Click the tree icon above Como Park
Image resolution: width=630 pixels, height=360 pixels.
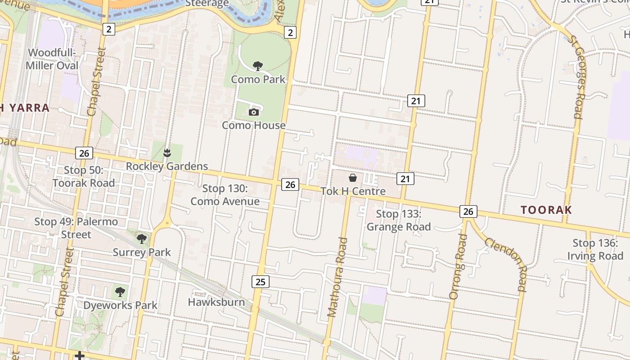[258, 67]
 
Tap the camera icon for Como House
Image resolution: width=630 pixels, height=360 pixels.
[254, 112]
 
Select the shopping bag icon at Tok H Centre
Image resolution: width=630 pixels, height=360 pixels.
[353, 178]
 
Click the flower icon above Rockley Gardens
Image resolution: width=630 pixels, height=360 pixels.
[167, 153]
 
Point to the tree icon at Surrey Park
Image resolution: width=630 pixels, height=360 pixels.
[142, 238]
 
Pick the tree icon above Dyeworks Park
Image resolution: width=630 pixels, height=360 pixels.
[120, 292]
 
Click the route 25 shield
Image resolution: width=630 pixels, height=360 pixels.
[260, 282]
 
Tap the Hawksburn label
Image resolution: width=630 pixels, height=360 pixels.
[216, 302]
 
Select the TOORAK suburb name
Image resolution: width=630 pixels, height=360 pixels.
[546, 210]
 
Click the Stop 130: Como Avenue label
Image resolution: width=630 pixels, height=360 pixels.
[225, 195]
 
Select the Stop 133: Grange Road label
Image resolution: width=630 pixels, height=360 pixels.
[399, 220]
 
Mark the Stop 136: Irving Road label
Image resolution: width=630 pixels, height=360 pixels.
[595, 249]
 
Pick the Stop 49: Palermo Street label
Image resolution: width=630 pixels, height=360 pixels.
[76, 228]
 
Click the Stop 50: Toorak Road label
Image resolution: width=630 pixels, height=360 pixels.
[84, 176]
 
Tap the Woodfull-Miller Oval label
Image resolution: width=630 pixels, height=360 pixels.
[52, 59]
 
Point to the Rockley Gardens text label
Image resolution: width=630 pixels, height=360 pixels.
[167, 166]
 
